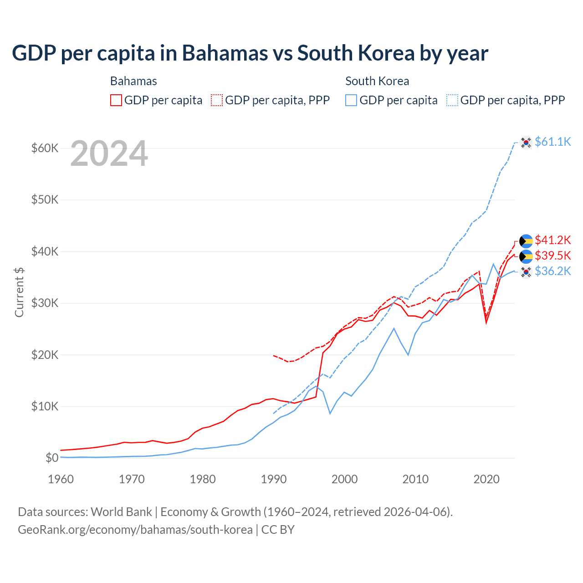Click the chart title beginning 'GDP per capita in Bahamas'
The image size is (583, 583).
250,53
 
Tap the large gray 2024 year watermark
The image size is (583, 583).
109,154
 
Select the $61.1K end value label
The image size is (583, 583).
552,142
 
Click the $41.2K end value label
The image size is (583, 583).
552,240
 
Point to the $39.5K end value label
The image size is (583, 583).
552,256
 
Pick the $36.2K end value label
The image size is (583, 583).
552,271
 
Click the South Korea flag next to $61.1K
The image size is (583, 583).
526,143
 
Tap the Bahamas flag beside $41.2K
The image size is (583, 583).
526,241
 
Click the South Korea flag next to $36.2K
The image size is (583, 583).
526,272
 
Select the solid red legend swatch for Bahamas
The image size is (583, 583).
116,100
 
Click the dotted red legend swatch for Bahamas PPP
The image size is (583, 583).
217,100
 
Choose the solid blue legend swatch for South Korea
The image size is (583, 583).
351,100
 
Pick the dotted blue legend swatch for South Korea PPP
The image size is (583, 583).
452,100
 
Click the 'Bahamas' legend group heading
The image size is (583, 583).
133,81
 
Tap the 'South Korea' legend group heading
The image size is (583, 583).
377,81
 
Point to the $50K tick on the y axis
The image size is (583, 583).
45,200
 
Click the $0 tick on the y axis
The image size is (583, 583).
52,458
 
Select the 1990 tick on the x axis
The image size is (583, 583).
274,479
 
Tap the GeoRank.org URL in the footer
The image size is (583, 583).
135,530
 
